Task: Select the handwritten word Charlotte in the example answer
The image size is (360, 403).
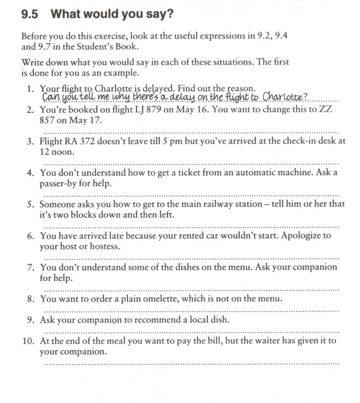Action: pos(284,97)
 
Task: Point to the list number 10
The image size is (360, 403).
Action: pos(28,341)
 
